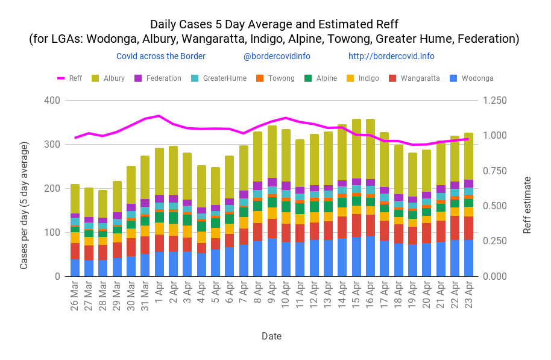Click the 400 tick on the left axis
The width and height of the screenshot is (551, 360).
pos(52,100)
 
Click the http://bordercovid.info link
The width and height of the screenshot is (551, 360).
pos(391,56)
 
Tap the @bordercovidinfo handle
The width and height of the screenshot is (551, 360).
pos(277,56)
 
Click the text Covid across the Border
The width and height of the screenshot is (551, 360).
pos(161,56)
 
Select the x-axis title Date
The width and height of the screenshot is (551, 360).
pos(271,336)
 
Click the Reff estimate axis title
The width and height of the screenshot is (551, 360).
pos(527,205)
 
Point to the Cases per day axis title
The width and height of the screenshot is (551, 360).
pos(25,205)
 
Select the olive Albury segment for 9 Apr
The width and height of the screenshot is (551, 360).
pos(272,152)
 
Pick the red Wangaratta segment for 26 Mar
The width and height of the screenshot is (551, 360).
pos(75,251)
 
